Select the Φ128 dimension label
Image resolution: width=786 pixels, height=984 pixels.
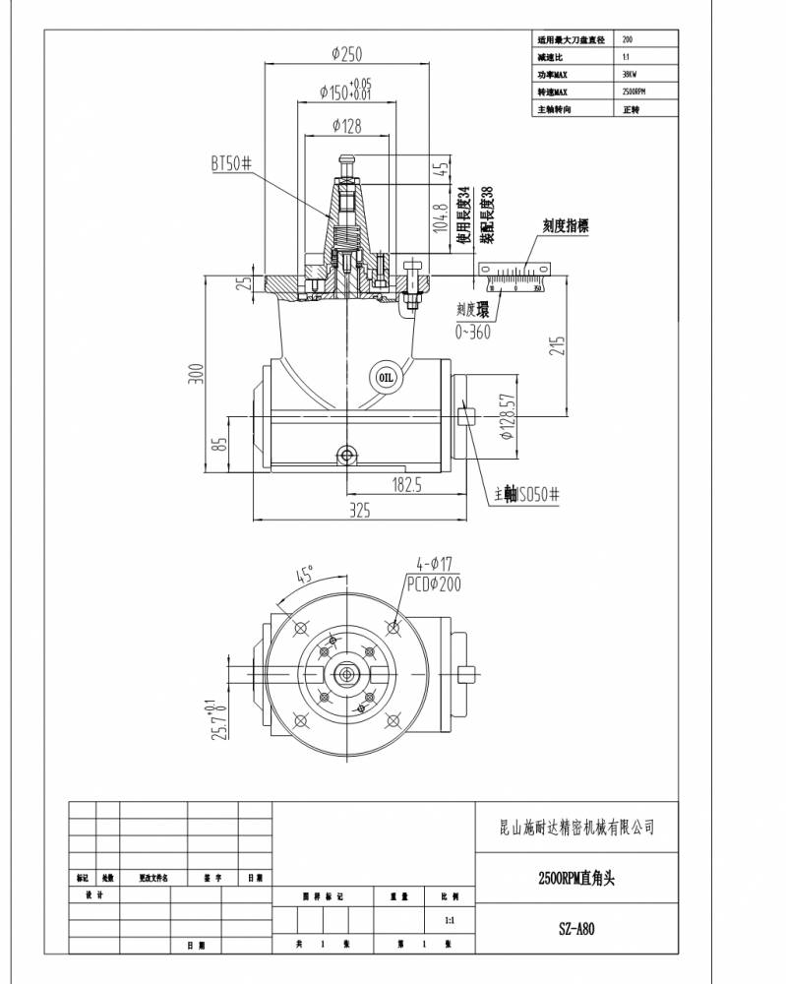346,125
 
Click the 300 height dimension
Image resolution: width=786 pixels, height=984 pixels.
196,375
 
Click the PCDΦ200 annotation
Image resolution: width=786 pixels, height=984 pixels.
433,584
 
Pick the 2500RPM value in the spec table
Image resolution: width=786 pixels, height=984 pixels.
635,92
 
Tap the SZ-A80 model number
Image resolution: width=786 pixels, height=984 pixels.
576,928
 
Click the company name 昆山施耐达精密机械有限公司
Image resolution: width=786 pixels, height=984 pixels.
576,828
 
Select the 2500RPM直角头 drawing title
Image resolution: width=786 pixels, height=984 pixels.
576,878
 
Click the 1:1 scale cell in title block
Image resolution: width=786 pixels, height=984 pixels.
449,921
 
